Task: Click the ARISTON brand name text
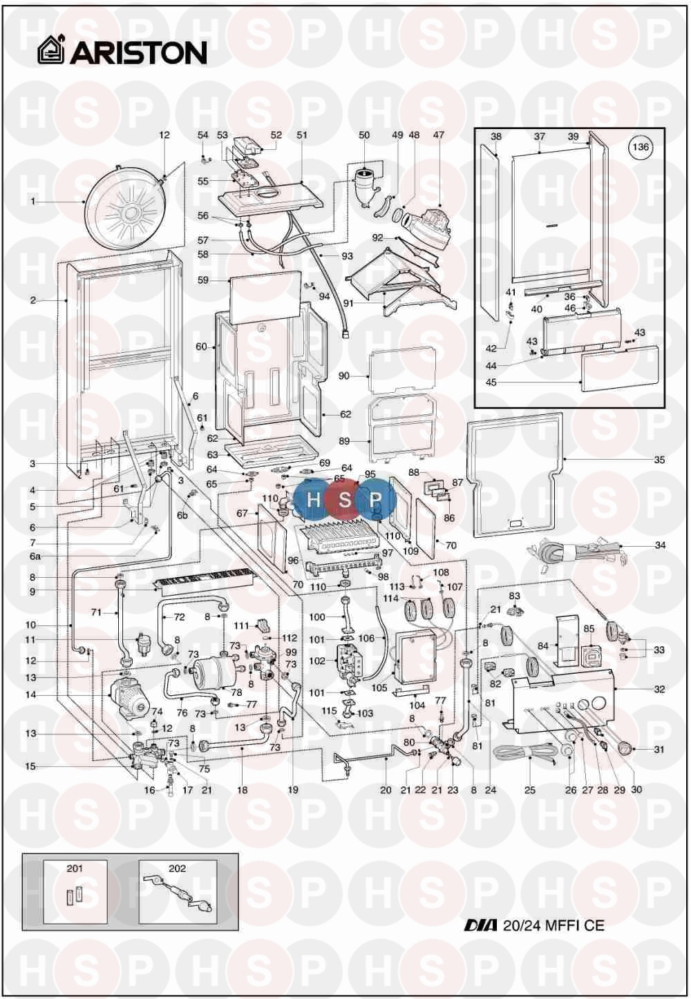[138, 53]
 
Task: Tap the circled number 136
[640, 147]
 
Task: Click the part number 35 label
[659, 460]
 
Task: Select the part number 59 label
[203, 280]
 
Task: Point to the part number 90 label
[343, 376]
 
